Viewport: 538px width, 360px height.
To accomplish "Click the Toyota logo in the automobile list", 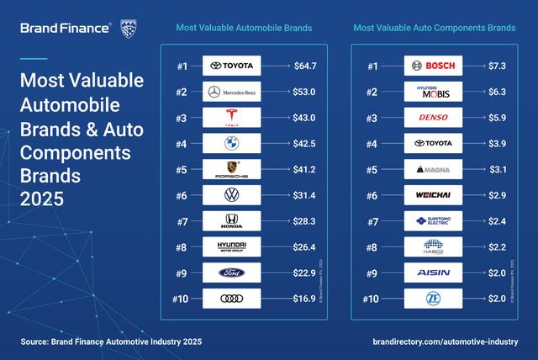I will point(232,65).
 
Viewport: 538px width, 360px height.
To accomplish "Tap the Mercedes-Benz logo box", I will point(232,91).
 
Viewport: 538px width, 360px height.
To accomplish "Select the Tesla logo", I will point(232,117).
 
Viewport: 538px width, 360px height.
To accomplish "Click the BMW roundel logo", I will point(232,143).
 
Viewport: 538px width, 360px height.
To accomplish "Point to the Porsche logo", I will point(232,169).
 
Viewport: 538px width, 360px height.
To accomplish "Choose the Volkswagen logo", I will point(232,195).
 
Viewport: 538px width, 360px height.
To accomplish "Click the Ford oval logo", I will point(232,273).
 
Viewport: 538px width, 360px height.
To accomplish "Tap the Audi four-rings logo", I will point(232,299).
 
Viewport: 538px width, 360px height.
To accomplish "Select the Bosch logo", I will point(433,65).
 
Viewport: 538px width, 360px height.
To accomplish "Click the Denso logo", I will point(433,117).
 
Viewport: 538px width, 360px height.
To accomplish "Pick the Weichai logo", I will point(433,195).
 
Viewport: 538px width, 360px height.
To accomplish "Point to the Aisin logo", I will point(433,273).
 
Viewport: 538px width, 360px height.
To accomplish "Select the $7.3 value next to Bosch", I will point(501,65).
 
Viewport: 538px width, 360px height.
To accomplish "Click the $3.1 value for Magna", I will point(501,169).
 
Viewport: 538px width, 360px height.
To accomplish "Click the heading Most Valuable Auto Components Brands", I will point(434,28).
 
